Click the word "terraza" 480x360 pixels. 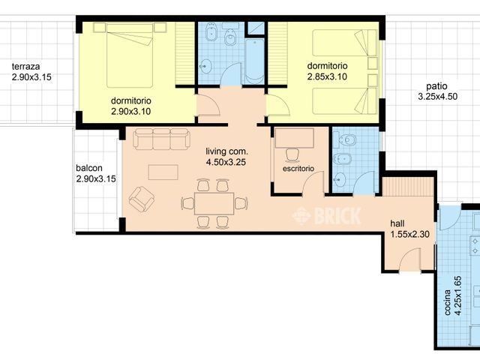(26, 67)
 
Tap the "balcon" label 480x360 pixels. (89, 169)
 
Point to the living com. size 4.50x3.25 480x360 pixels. (226, 160)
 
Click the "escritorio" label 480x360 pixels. (298, 169)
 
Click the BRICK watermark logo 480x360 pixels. (327, 215)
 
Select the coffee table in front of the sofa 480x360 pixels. (163, 172)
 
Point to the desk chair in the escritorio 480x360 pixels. (293, 155)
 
